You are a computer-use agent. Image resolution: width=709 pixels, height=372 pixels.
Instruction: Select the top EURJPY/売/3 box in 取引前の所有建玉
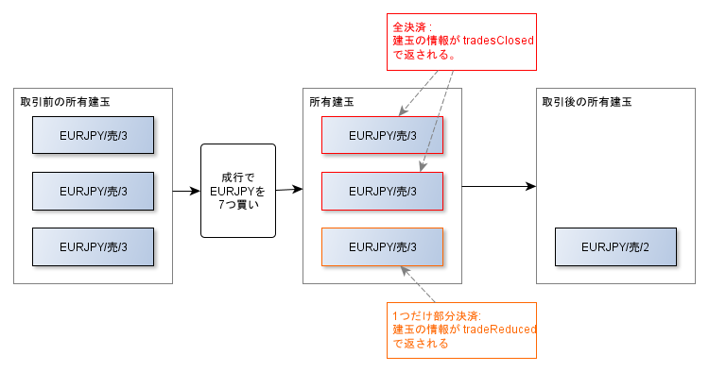point(94,135)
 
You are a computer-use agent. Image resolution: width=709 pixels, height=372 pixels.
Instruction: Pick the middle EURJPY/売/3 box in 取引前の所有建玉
point(94,191)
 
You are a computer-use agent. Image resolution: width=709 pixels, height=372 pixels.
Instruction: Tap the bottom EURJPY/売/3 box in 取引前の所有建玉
point(94,246)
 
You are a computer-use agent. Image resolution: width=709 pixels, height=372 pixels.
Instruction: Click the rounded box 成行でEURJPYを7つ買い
point(237,191)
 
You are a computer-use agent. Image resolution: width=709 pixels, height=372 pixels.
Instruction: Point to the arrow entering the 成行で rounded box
point(185,191)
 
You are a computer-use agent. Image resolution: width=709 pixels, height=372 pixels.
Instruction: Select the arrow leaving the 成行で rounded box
point(288,190)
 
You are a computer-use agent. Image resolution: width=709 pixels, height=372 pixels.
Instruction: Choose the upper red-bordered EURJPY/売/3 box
point(382,135)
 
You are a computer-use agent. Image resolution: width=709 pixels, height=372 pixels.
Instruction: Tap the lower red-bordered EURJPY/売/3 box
point(382,191)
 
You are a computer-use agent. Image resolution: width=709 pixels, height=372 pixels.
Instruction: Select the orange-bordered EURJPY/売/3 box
point(382,246)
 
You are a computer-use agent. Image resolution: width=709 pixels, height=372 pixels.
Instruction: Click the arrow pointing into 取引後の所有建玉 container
point(498,187)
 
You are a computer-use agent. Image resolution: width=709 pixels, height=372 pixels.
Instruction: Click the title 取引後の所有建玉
point(585,101)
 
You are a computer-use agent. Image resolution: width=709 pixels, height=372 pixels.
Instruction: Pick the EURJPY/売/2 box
point(615,246)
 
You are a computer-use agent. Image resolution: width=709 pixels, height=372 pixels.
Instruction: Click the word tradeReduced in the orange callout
point(500,330)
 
